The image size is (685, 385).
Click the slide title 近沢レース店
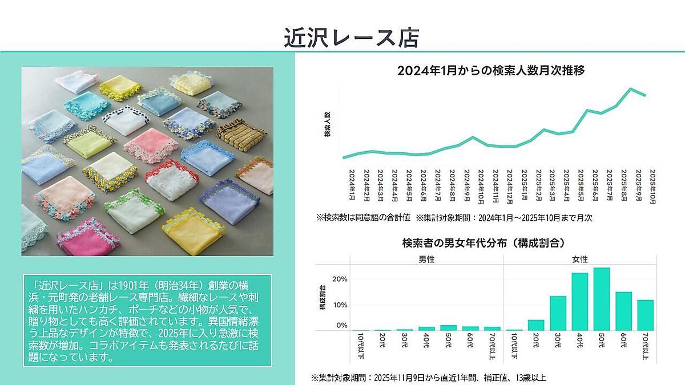(x=352, y=38)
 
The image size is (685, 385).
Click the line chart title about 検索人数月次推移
(x=491, y=71)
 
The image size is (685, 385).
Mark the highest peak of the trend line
(x=631, y=88)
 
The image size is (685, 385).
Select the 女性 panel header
(x=580, y=260)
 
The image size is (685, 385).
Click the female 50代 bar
(x=602, y=299)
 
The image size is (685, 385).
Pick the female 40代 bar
(x=580, y=302)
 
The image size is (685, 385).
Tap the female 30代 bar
(x=558, y=313)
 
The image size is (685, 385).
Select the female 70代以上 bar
(x=645, y=315)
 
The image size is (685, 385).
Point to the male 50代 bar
(x=448, y=327)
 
